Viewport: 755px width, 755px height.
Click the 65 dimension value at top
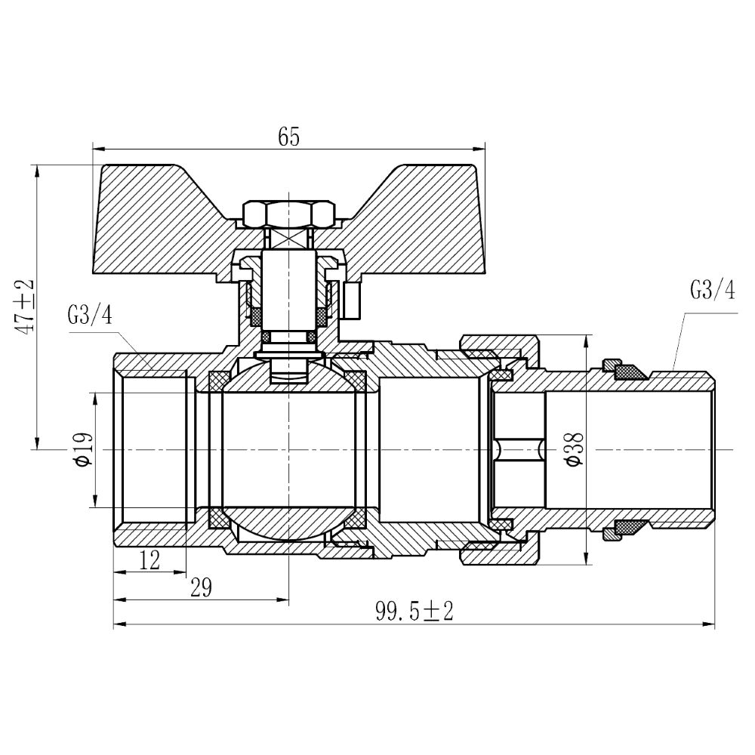point(289,137)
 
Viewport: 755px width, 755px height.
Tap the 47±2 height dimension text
point(26,306)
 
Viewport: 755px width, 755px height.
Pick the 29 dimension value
point(200,587)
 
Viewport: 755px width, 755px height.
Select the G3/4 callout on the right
point(711,289)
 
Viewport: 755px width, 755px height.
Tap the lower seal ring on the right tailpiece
point(627,527)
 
